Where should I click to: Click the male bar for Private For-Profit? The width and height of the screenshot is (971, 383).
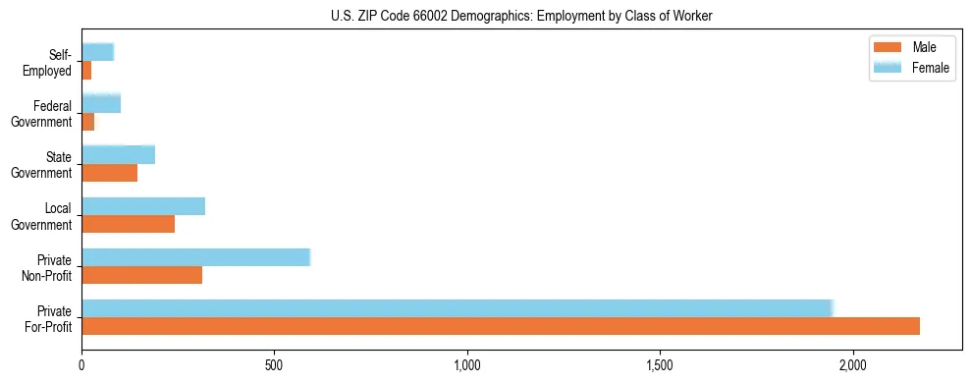point(501,326)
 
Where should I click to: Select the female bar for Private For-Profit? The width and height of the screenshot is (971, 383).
point(458,308)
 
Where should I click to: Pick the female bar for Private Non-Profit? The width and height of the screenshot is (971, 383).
point(195,257)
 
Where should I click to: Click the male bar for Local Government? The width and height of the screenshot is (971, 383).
point(129,224)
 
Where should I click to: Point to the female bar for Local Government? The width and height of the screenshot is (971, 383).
point(143,206)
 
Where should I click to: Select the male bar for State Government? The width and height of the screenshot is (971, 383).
point(110,173)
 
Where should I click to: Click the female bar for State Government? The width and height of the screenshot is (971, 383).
point(119,155)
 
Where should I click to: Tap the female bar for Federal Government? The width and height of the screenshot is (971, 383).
point(101,103)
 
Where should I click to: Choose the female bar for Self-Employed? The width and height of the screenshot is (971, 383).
point(98,52)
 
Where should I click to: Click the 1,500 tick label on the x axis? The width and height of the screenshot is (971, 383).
point(660,364)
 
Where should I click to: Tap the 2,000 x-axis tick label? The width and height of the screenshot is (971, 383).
point(853,364)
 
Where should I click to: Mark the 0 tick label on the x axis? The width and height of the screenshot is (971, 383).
point(81,364)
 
